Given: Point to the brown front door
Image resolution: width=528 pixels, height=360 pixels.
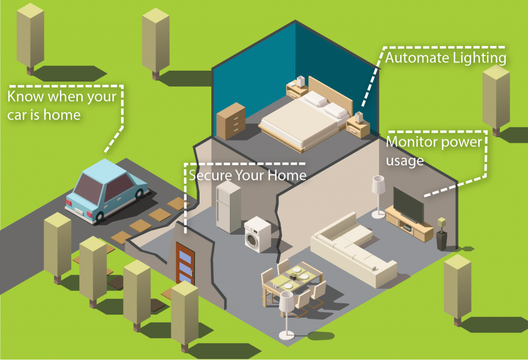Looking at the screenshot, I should (x=184, y=263).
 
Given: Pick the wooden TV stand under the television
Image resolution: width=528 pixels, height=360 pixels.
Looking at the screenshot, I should (x=410, y=227).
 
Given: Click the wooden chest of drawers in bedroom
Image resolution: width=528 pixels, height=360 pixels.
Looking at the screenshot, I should (x=231, y=121).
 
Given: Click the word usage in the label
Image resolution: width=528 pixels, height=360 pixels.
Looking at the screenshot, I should (x=405, y=160).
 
